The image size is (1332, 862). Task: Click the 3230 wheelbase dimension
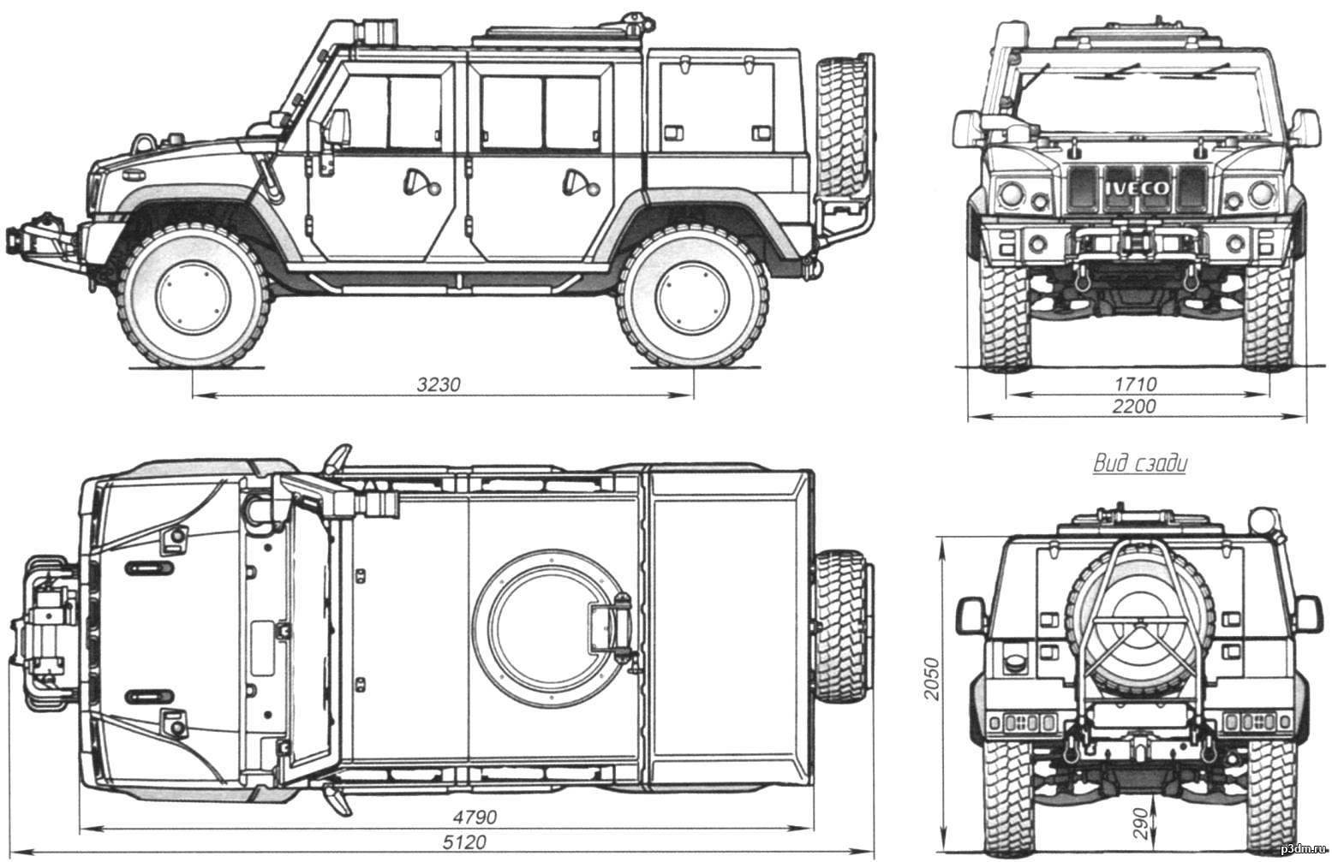pos(439,385)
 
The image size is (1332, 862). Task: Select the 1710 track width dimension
pos(1136,384)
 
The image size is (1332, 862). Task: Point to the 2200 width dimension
pos(1133,407)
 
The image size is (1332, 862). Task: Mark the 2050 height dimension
pos(932,680)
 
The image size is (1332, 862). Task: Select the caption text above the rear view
pos(1140,465)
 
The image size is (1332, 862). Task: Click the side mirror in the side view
pos(338,127)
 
